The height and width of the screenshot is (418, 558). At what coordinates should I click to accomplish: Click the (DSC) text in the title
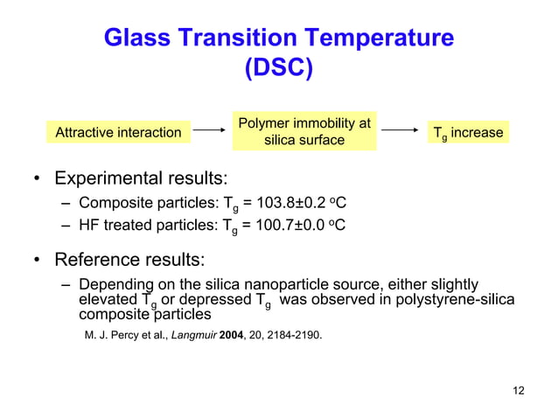pos(278,67)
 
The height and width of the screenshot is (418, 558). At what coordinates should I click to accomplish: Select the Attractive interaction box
pos(119,133)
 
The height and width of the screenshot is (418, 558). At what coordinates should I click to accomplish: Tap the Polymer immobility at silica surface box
pos(304,131)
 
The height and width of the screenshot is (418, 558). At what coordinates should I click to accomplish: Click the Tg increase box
pos(468,133)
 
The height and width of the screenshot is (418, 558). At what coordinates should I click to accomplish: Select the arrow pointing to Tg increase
pos(400,133)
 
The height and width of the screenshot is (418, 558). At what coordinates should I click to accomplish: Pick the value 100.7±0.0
pos(294,226)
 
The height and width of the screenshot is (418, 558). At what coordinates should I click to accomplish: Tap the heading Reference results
pos(130,260)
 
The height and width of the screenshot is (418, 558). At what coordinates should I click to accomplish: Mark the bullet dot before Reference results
pos(37,261)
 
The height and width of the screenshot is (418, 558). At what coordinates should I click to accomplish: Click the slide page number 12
pos(519,390)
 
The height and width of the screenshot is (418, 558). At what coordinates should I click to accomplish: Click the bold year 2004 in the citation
pos(234,334)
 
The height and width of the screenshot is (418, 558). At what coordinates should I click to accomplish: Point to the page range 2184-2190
pos(296,334)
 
